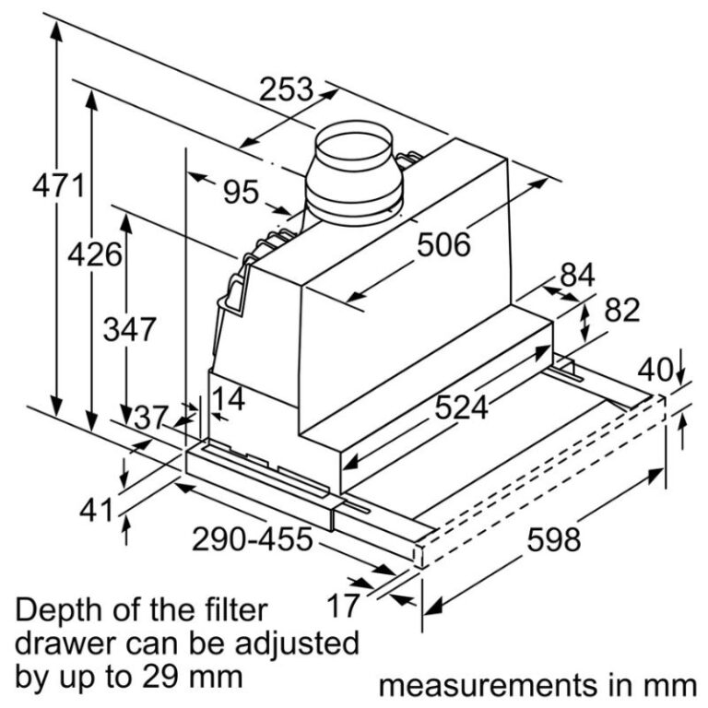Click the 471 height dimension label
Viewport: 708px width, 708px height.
tap(59, 185)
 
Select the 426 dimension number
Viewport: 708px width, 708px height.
tap(95, 254)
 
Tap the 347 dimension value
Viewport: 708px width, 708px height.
tap(130, 329)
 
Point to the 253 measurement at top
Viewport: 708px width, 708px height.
tap(287, 88)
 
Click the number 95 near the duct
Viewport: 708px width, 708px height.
tap(242, 192)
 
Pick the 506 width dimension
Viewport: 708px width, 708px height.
tap(443, 244)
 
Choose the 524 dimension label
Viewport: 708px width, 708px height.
tap(462, 407)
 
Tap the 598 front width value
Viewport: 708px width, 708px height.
tap(554, 539)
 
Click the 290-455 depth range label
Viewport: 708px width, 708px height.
tap(253, 539)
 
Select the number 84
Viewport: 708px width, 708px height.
tap(577, 275)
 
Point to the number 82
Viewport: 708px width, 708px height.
tap(622, 310)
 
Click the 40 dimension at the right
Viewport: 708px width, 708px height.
tap(655, 370)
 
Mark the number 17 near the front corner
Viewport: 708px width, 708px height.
tap(343, 606)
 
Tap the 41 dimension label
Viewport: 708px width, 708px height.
tap(96, 511)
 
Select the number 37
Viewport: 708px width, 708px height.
tap(151, 418)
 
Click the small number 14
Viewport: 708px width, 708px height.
tap(229, 398)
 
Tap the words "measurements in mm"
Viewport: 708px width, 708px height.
tap(537, 686)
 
